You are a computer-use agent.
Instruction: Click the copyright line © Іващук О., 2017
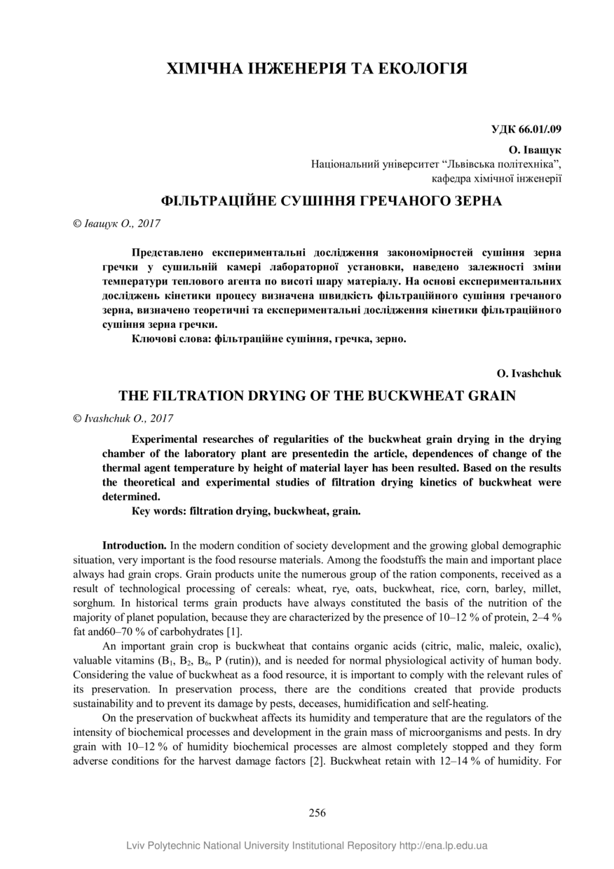tap(117, 224)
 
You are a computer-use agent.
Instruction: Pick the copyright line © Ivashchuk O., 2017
tap(123, 418)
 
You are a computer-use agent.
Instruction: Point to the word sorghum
tap(93, 602)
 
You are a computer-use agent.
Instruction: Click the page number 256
tap(318, 814)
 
